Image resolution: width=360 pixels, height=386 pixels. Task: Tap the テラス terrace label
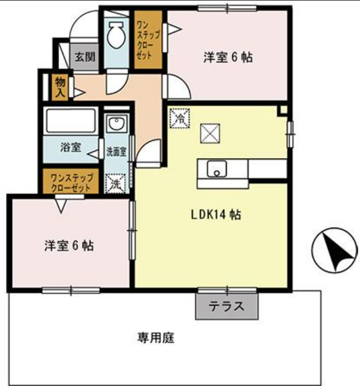(x=226, y=307)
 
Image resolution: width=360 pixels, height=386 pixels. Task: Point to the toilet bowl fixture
(x=115, y=37)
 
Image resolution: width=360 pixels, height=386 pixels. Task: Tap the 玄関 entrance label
(x=84, y=56)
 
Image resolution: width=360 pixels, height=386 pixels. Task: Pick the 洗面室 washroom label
(x=116, y=151)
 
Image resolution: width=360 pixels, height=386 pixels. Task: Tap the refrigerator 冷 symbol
(x=180, y=118)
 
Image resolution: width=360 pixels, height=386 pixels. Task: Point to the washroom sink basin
(x=115, y=125)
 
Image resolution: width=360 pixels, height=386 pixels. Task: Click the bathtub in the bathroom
(x=71, y=120)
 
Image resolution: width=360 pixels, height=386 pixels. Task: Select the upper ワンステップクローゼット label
(x=147, y=40)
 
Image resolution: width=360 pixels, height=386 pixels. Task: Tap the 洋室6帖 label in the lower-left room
(x=69, y=246)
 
